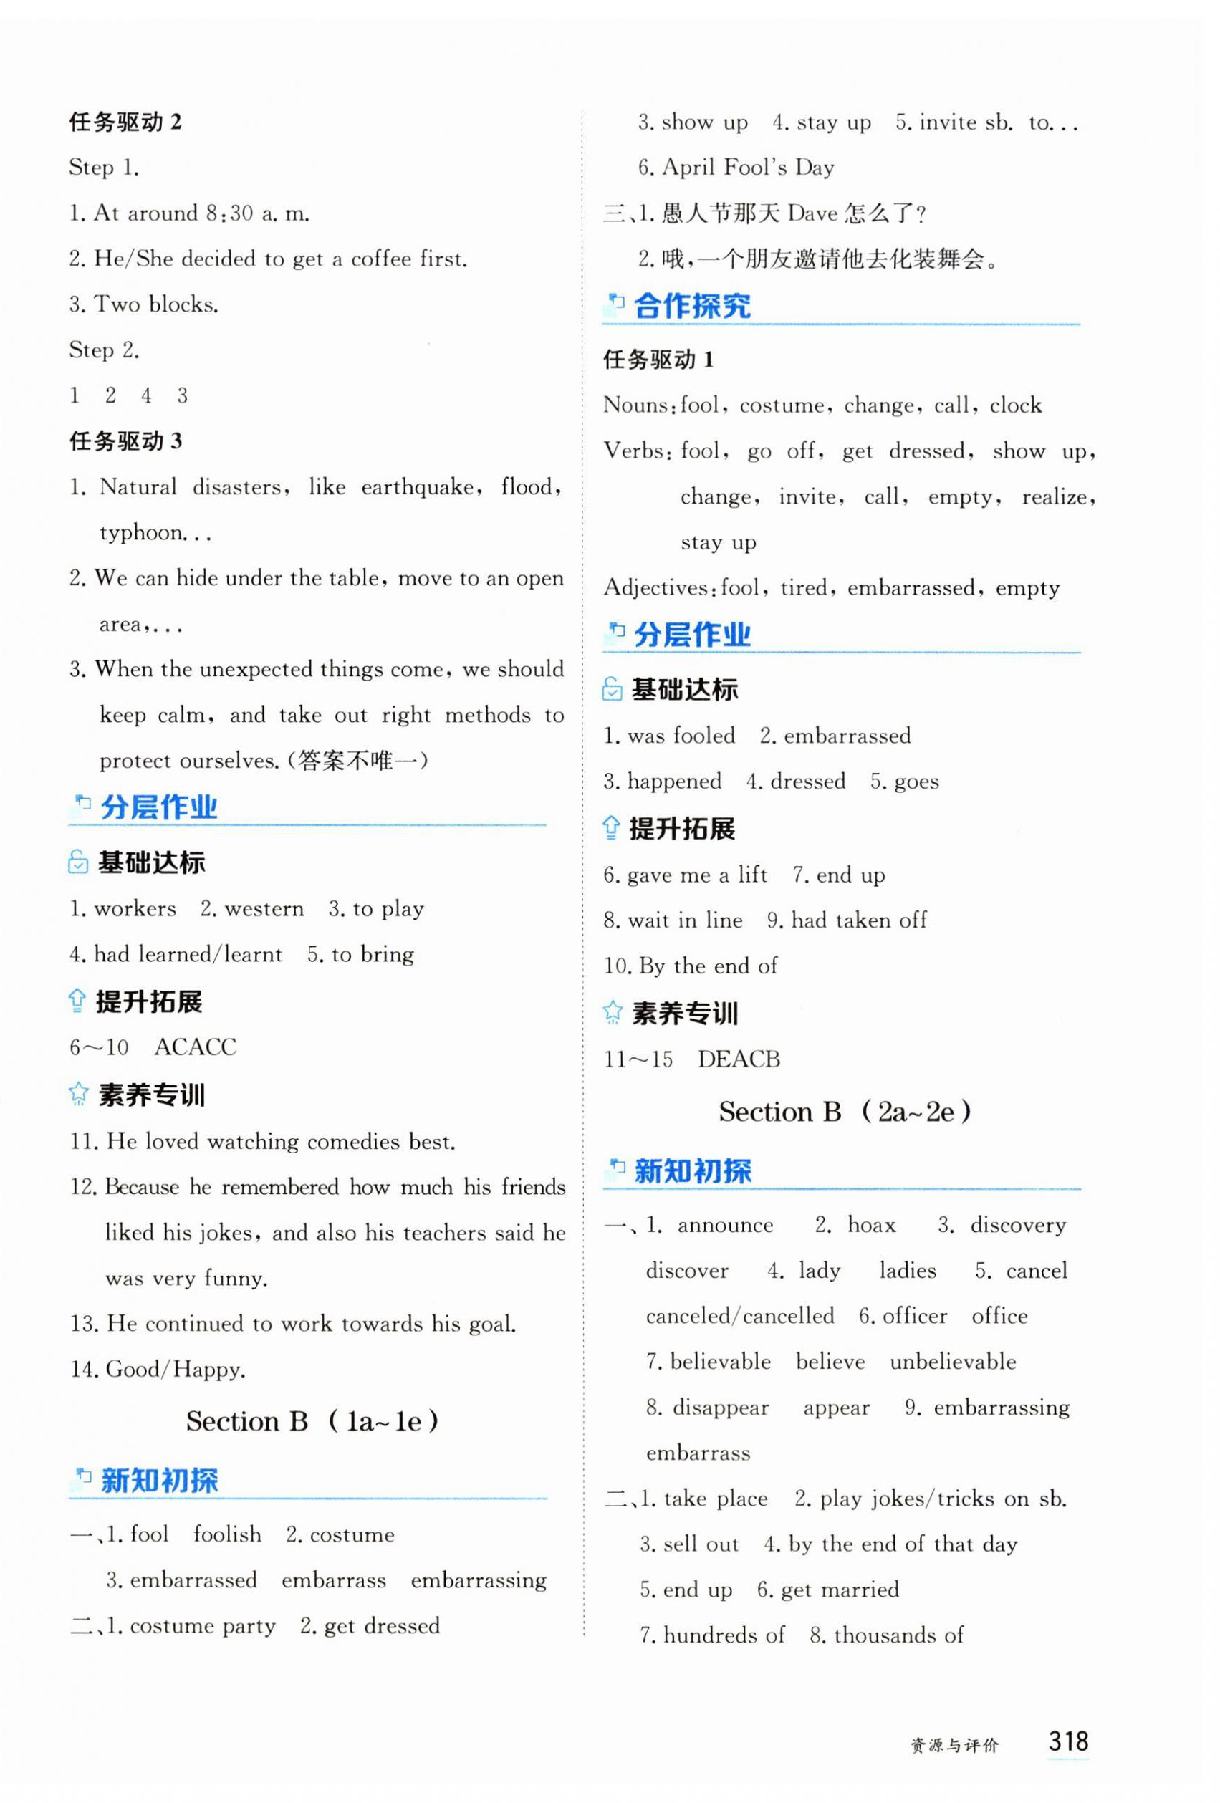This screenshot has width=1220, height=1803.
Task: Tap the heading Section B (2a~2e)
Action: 845,1112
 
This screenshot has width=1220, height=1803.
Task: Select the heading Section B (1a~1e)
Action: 312,1421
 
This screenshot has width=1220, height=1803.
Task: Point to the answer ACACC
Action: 195,1047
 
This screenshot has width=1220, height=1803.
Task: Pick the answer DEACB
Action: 738,1059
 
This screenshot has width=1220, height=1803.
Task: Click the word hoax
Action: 871,1225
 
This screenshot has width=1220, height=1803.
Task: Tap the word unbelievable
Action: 952,1362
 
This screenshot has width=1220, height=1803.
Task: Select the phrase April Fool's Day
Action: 747,168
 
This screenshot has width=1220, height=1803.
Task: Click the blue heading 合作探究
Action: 692,307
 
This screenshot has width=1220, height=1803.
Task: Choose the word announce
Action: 725,1225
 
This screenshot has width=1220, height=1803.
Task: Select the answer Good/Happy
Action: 176,1370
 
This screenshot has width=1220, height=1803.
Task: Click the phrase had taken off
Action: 858,921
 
